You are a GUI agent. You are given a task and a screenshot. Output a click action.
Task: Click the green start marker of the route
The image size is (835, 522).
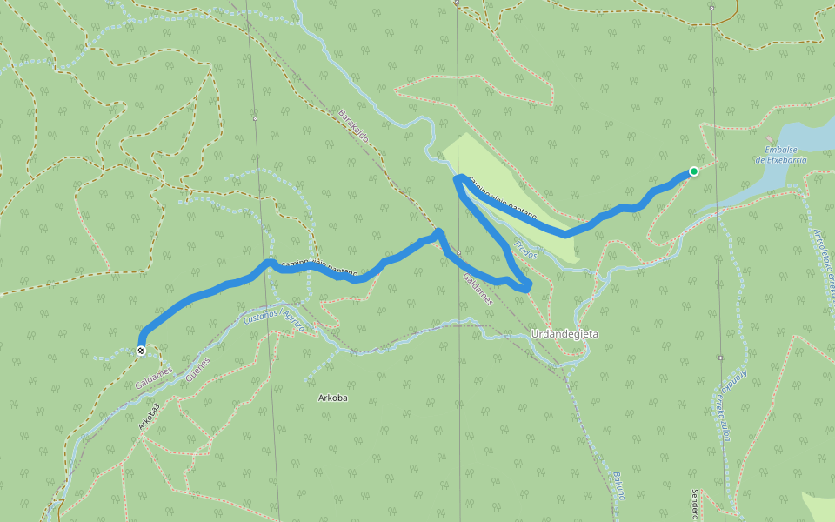[693, 171]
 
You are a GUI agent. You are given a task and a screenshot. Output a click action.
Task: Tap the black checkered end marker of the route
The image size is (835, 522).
[141, 351]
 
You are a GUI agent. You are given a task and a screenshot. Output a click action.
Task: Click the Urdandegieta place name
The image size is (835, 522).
[564, 333]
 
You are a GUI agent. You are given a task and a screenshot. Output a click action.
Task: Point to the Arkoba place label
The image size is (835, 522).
[332, 398]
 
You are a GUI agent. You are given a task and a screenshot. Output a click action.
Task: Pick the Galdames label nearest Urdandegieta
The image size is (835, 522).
[478, 290]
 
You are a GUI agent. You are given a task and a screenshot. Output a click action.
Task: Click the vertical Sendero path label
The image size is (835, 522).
[695, 504]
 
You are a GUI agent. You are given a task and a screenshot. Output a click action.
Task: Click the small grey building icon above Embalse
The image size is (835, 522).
[769, 139]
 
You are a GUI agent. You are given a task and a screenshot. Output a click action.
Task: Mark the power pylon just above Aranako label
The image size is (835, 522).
[720, 358]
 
